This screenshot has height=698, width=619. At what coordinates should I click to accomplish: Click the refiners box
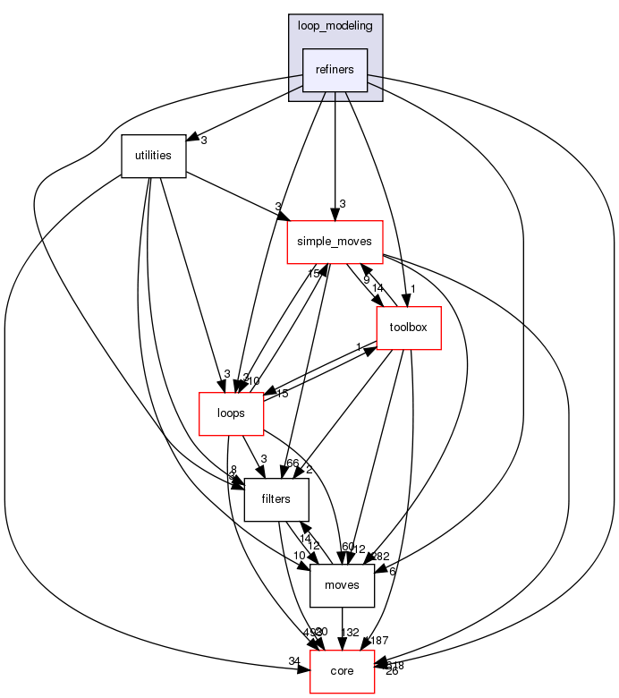click(335, 70)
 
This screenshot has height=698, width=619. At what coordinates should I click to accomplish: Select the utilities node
click(153, 155)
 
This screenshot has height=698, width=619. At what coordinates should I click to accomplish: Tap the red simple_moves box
click(335, 242)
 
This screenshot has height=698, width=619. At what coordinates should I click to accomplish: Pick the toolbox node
click(409, 327)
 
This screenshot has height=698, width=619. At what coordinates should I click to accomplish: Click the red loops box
click(230, 413)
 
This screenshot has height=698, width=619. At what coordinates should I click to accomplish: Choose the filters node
click(276, 498)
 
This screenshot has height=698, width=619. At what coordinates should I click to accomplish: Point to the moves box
click(342, 585)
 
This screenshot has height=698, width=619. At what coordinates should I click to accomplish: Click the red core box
click(342, 670)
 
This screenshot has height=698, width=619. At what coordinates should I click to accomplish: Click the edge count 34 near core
click(294, 661)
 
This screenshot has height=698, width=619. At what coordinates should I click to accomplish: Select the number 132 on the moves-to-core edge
click(350, 633)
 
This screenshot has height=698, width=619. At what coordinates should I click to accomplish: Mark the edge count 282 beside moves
click(380, 557)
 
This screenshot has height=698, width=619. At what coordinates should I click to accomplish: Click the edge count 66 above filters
click(292, 464)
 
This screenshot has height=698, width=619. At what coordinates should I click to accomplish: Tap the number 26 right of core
click(391, 671)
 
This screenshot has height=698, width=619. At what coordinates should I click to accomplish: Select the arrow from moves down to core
click(342, 626)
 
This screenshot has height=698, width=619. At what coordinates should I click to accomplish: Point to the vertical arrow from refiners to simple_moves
click(335, 152)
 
